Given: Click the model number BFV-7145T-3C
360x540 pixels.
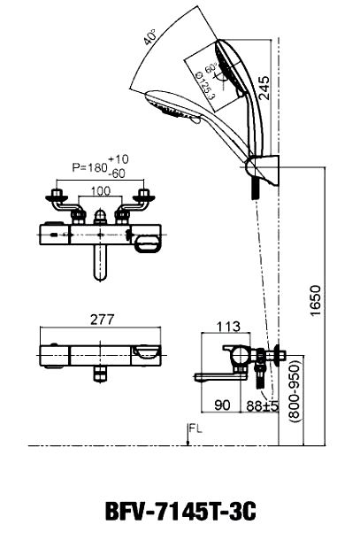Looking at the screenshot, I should click(180, 512).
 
